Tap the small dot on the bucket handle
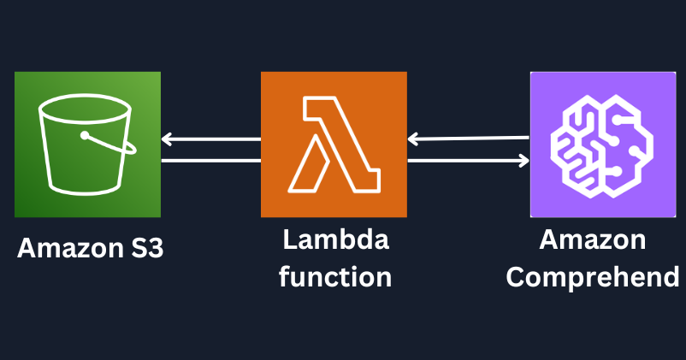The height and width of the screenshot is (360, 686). pyautogui.click(x=85, y=135)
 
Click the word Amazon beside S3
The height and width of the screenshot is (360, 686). pyautogui.click(x=63, y=248)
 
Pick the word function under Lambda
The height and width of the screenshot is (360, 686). pyautogui.click(x=335, y=276)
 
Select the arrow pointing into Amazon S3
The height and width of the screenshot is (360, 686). pyautogui.click(x=210, y=139)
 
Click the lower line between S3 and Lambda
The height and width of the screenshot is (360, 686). pyautogui.click(x=210, y=160)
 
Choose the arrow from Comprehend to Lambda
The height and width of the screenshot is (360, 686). pyautogui.click(x=469, y=138)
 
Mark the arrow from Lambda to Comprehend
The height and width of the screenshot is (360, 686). pyautogui.click(x=469, y=160)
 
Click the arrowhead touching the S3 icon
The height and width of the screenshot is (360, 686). pyautogui.click(x=167, y=139)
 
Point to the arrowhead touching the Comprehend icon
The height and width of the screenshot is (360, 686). pyautogui.click(x=523, y=160)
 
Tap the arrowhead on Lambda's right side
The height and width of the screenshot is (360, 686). pyautogui.click(x=413, y=139)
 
